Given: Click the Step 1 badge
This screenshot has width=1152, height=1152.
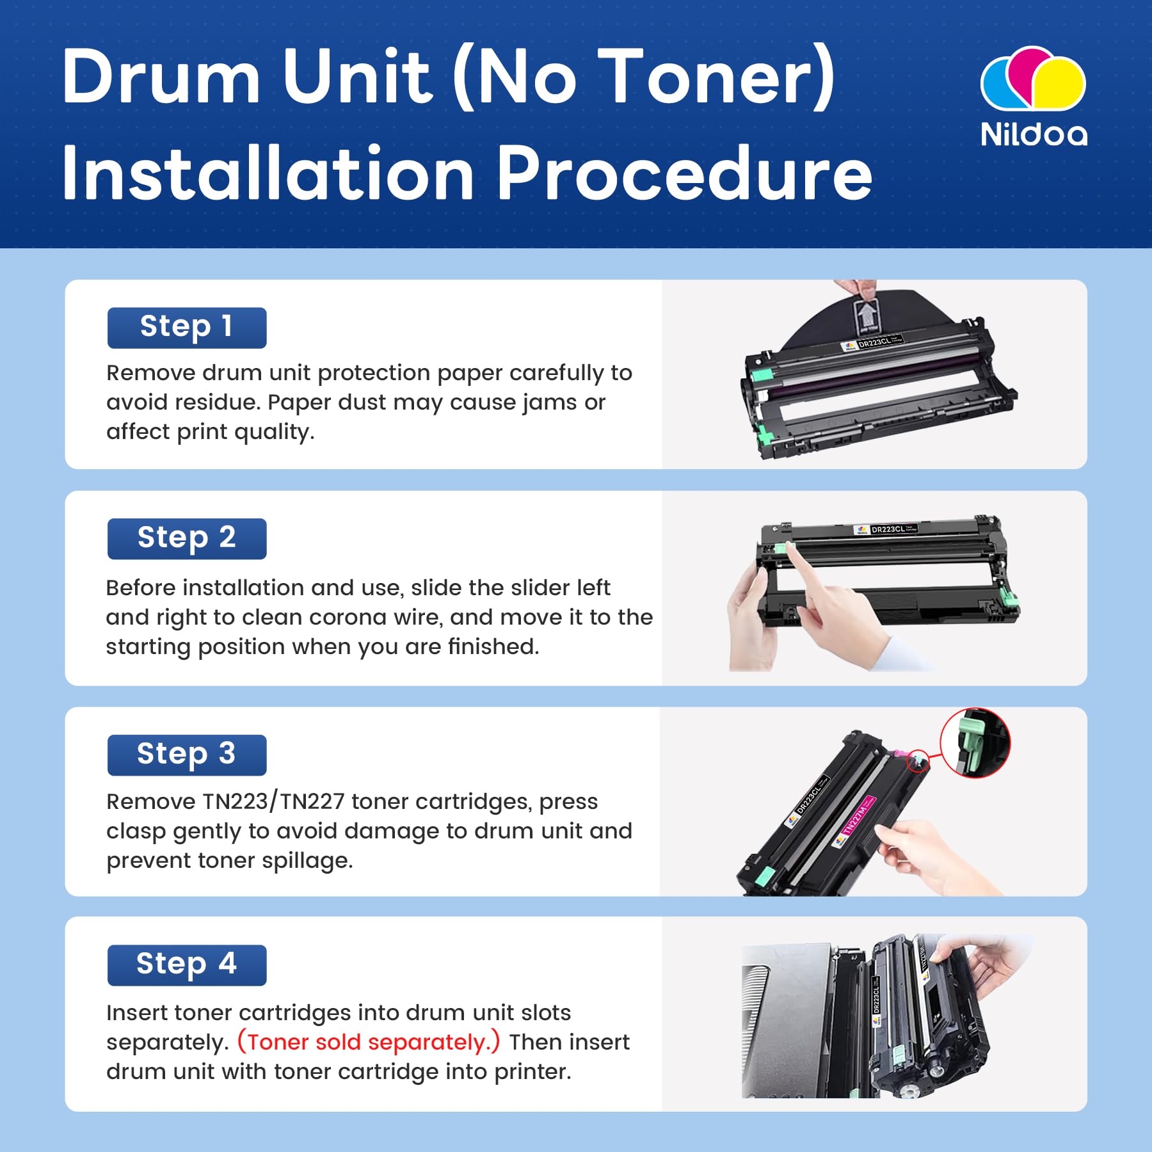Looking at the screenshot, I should click(186, 328).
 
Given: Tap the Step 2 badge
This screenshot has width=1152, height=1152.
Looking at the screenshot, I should click(186, 538).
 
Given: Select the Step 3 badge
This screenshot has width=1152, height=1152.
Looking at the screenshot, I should click(186, 755).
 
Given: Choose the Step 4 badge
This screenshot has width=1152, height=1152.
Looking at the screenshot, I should click(186, 964).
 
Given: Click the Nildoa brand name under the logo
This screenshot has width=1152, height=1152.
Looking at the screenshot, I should click(1033, 134).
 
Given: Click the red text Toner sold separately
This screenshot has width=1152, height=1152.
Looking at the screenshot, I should click(368, 1042).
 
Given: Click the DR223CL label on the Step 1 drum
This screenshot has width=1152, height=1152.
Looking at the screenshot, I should click(874, 343).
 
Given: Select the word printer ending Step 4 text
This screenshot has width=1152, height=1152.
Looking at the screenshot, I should click(532, 1071).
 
